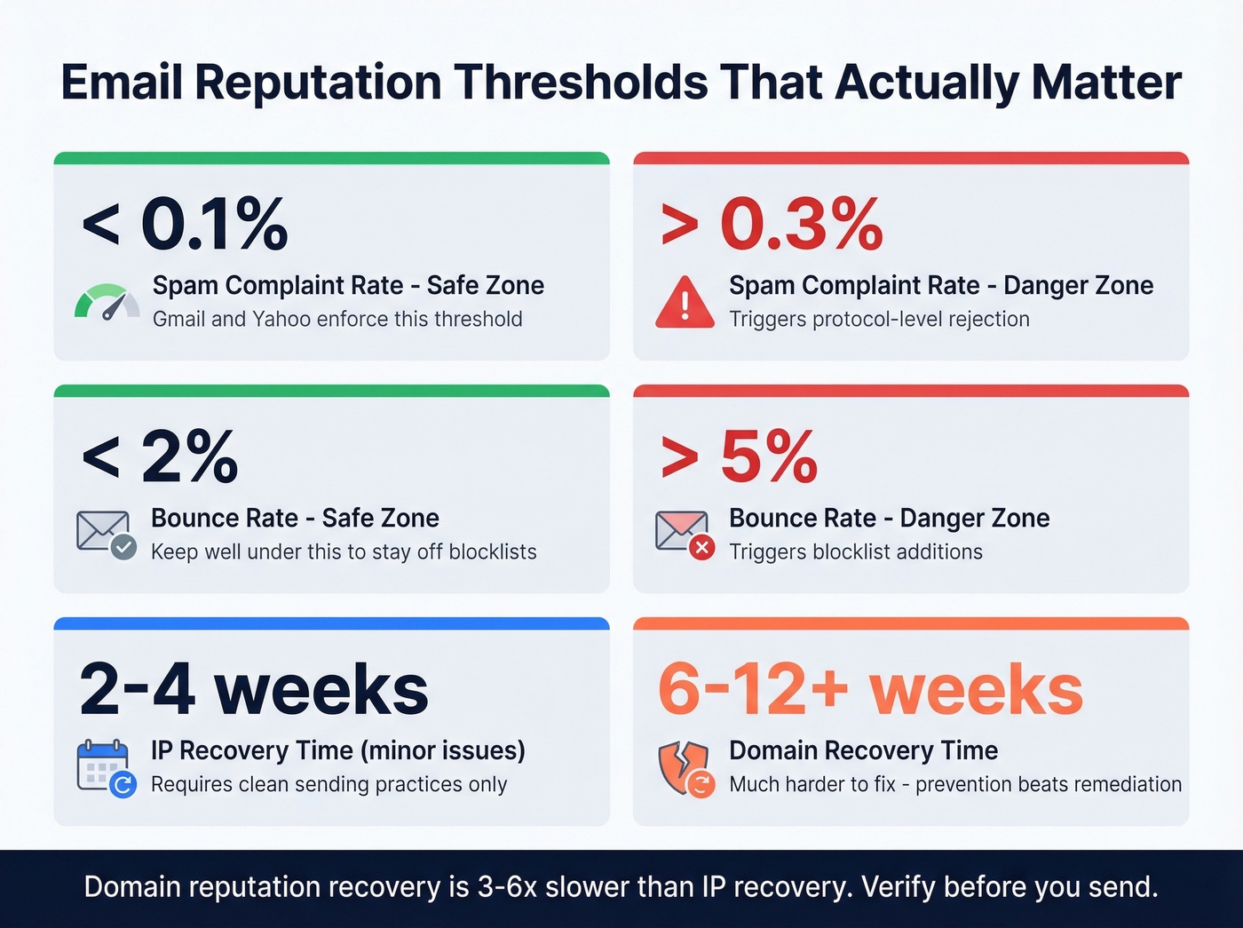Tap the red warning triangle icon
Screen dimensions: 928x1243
(685, 303)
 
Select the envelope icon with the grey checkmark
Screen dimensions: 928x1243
(106, 535)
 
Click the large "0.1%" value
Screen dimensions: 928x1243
(214, 224)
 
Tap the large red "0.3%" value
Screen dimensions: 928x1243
(802, 224)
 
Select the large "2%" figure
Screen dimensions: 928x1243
(189, 456)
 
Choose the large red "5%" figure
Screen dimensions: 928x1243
(769, 456)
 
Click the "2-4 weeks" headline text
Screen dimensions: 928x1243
(254, 689)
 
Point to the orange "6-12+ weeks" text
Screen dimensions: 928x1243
(870, 689)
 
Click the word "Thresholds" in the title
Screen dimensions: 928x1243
(580, 83)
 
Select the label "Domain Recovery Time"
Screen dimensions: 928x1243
(863, 750)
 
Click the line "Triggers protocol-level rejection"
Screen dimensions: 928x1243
(879, 319)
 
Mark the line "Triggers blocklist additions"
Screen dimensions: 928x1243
(856, 551)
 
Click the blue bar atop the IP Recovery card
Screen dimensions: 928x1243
(331, 623)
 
